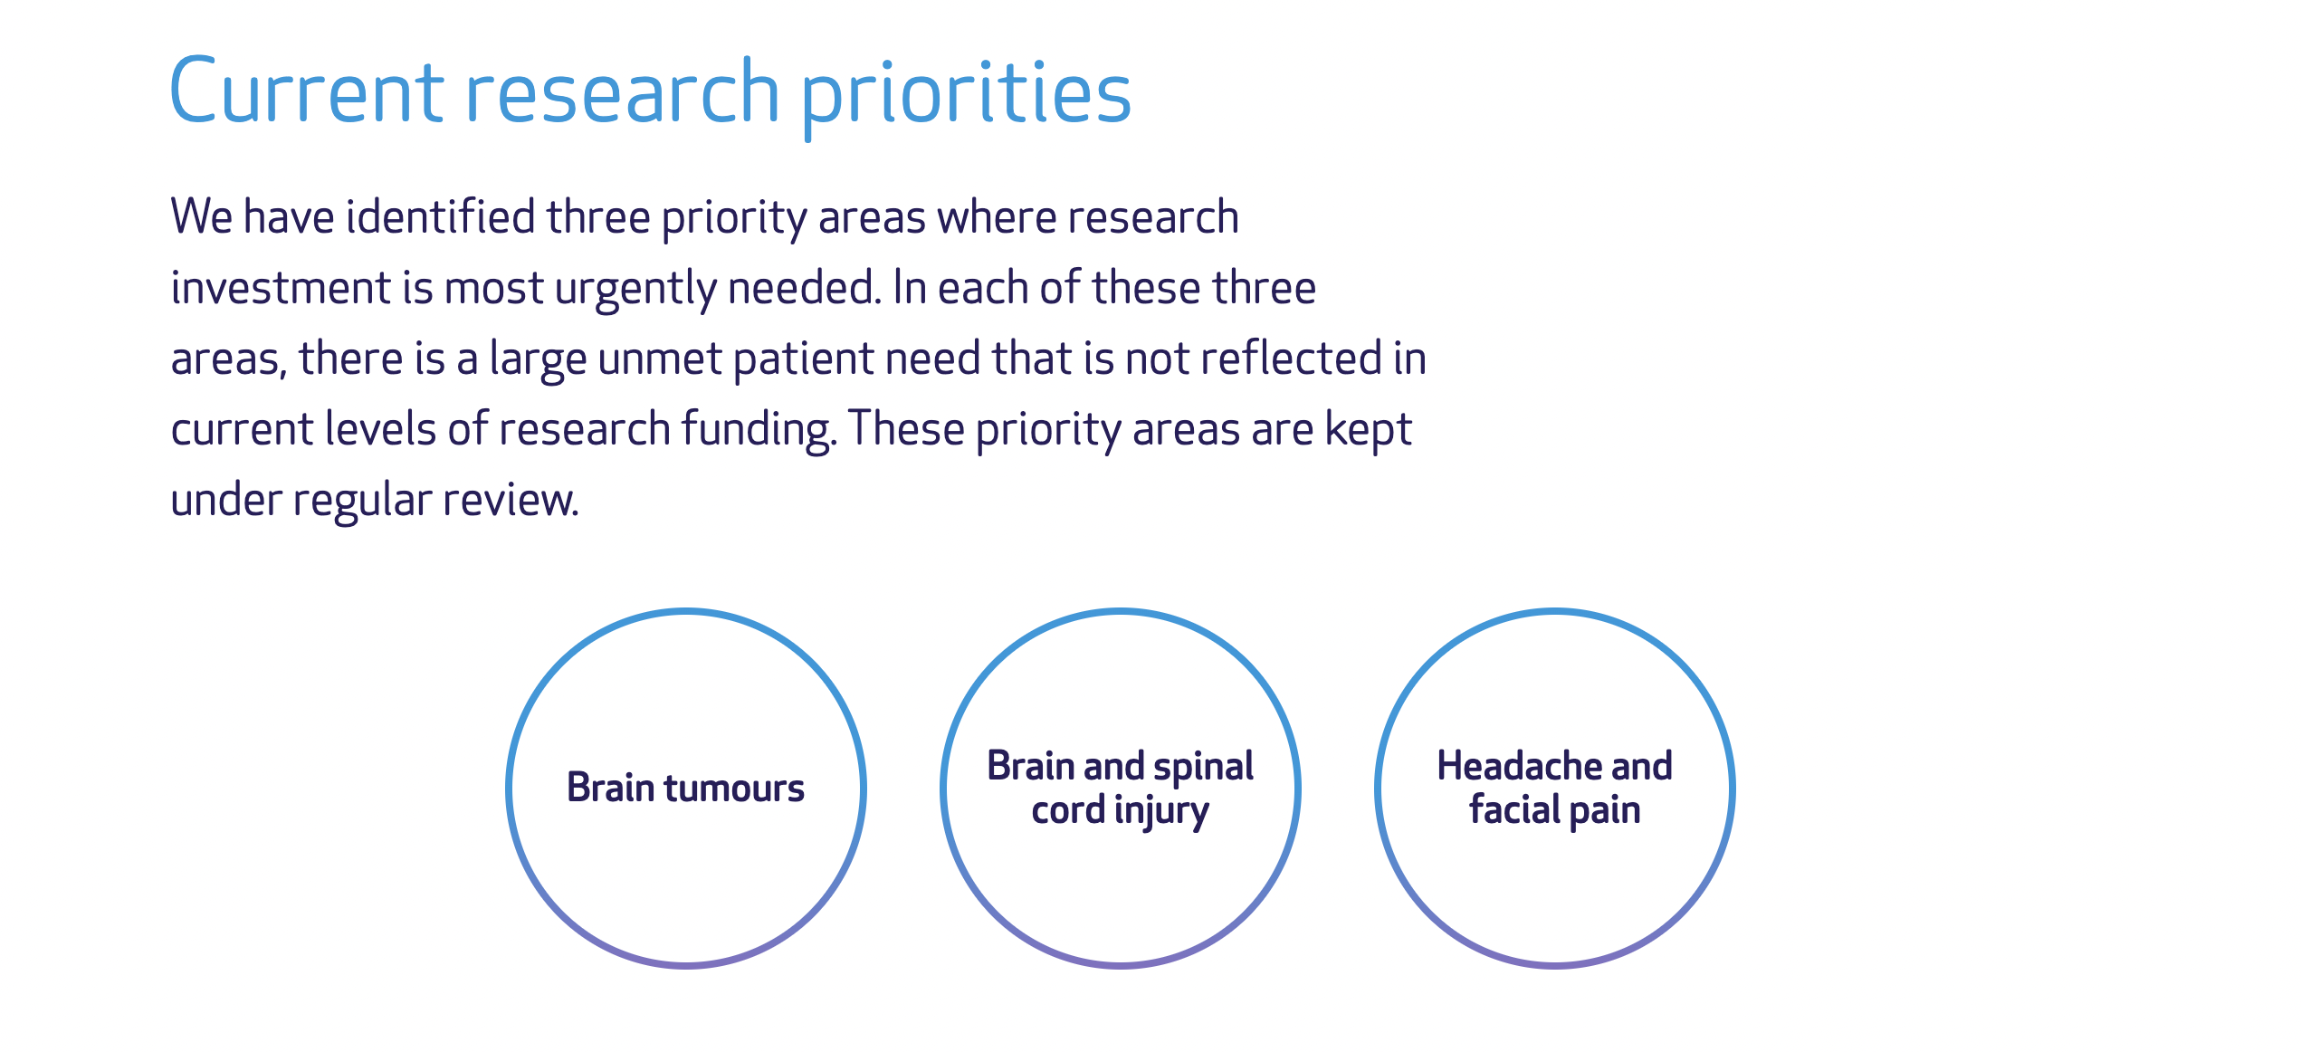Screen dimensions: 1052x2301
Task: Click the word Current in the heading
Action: [x=306, y=92]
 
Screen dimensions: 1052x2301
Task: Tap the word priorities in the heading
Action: [x=967, y=94]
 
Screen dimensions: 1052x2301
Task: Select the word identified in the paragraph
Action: [x=441, y=217]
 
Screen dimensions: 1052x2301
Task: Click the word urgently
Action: [x=635, y=290]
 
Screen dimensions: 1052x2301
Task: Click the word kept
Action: [x=1368, y=429]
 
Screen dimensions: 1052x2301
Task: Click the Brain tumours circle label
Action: [x=685, y=788]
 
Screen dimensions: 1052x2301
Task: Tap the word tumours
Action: [x=734, y=788]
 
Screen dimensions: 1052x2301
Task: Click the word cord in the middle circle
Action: [x=1068, y=810]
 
